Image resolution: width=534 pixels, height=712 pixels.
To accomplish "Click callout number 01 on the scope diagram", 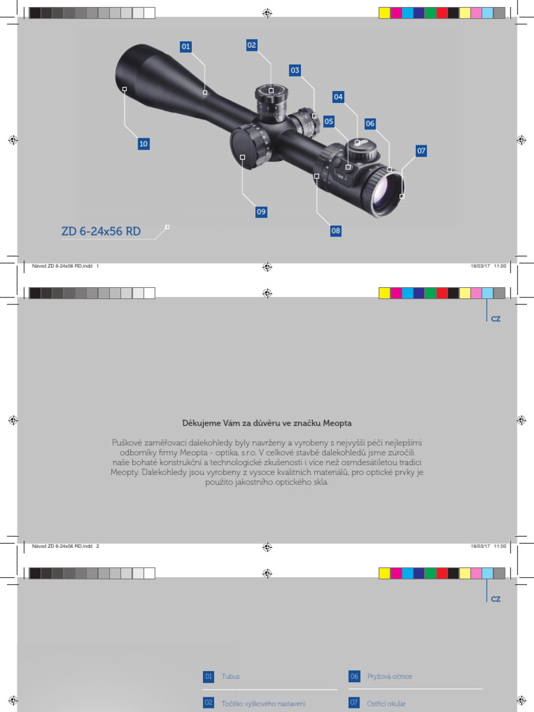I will [186, 47].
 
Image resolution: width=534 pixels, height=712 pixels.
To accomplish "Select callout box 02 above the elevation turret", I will [252, 45].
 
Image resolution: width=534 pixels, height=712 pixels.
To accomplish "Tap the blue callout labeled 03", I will [295, 70].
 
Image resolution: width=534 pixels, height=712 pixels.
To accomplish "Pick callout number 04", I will [338, 97].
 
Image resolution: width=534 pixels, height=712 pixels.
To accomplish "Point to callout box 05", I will [329, 121].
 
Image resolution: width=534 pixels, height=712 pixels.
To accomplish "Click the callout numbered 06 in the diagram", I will [370, 124].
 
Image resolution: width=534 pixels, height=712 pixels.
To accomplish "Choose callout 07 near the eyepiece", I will [421, 150].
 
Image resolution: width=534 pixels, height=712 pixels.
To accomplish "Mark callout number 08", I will [336, 231].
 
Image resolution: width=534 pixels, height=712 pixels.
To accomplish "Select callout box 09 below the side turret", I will [261, 211].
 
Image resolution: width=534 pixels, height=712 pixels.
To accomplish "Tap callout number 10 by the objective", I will [143, 144].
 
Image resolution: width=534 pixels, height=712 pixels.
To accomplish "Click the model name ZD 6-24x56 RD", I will [101, 232].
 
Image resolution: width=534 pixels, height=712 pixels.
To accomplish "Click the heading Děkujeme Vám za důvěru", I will [267, 423].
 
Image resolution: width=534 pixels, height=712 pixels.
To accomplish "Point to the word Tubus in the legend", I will [231, 676].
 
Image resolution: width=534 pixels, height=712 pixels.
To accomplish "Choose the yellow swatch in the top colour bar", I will [385, 13].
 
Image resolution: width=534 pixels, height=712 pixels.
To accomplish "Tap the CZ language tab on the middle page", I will [496, 318].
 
